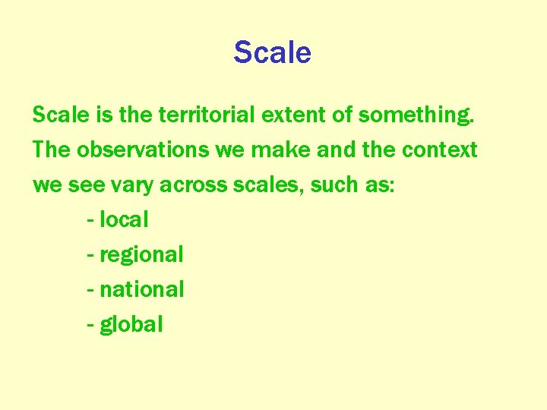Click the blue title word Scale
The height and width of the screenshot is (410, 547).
(272, 52)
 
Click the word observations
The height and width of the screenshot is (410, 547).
(142, 150)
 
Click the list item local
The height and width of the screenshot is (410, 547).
(124, 220)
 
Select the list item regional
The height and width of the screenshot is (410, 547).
(141, 254)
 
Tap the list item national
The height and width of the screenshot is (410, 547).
(142, 289)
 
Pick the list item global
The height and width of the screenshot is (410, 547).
(131, 325)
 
